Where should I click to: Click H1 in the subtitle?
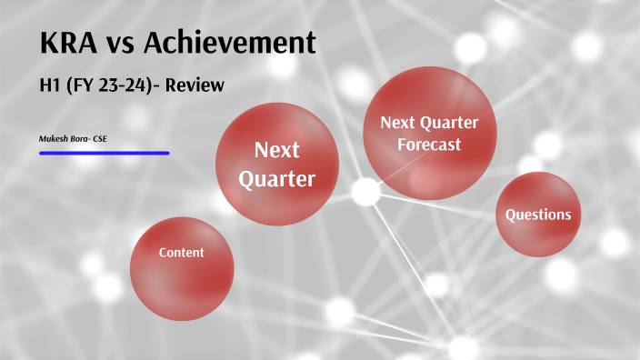click(51, 85)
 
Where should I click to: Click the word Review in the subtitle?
click(194, 85)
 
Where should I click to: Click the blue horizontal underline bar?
click(104, 153)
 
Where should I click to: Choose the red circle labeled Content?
click(182, 268)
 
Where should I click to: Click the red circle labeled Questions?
click(538, 215)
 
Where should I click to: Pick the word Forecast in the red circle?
click(429, 145)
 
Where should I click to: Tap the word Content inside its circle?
click(182, 253)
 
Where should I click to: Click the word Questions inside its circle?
click(538, 215)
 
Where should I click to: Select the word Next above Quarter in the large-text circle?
click(277, 149)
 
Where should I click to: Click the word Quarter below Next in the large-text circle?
click(277, 179)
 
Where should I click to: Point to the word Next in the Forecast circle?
click(396, 122)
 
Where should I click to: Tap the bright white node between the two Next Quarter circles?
click(365, 192)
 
